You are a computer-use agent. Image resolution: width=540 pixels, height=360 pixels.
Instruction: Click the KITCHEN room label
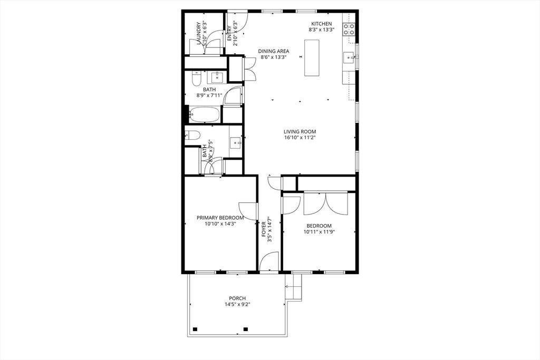point(321,24)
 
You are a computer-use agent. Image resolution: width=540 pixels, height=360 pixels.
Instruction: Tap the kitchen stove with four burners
point(349,29)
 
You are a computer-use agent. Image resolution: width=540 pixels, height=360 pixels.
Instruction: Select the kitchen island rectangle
point(312,58)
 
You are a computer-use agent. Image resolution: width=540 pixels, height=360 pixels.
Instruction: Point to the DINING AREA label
point(273,51)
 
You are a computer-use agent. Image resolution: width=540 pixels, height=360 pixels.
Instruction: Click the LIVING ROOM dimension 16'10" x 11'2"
point(300,138)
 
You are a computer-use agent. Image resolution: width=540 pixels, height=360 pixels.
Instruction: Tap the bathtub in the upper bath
point(204,114)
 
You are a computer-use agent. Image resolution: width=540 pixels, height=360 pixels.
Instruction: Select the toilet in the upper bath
point(196,79)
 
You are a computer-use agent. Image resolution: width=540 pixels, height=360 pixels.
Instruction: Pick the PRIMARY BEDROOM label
point(220,217)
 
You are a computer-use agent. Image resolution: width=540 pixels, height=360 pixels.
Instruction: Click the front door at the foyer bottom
point(269,262)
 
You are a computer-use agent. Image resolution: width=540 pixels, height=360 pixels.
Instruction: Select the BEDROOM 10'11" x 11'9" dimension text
point(319,231)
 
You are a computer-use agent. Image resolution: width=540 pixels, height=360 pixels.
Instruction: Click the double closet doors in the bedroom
point(325,204)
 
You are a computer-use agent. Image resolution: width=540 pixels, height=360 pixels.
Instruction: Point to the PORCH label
point(237,298)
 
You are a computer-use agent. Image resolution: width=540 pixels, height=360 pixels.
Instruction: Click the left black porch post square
point(195,329)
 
